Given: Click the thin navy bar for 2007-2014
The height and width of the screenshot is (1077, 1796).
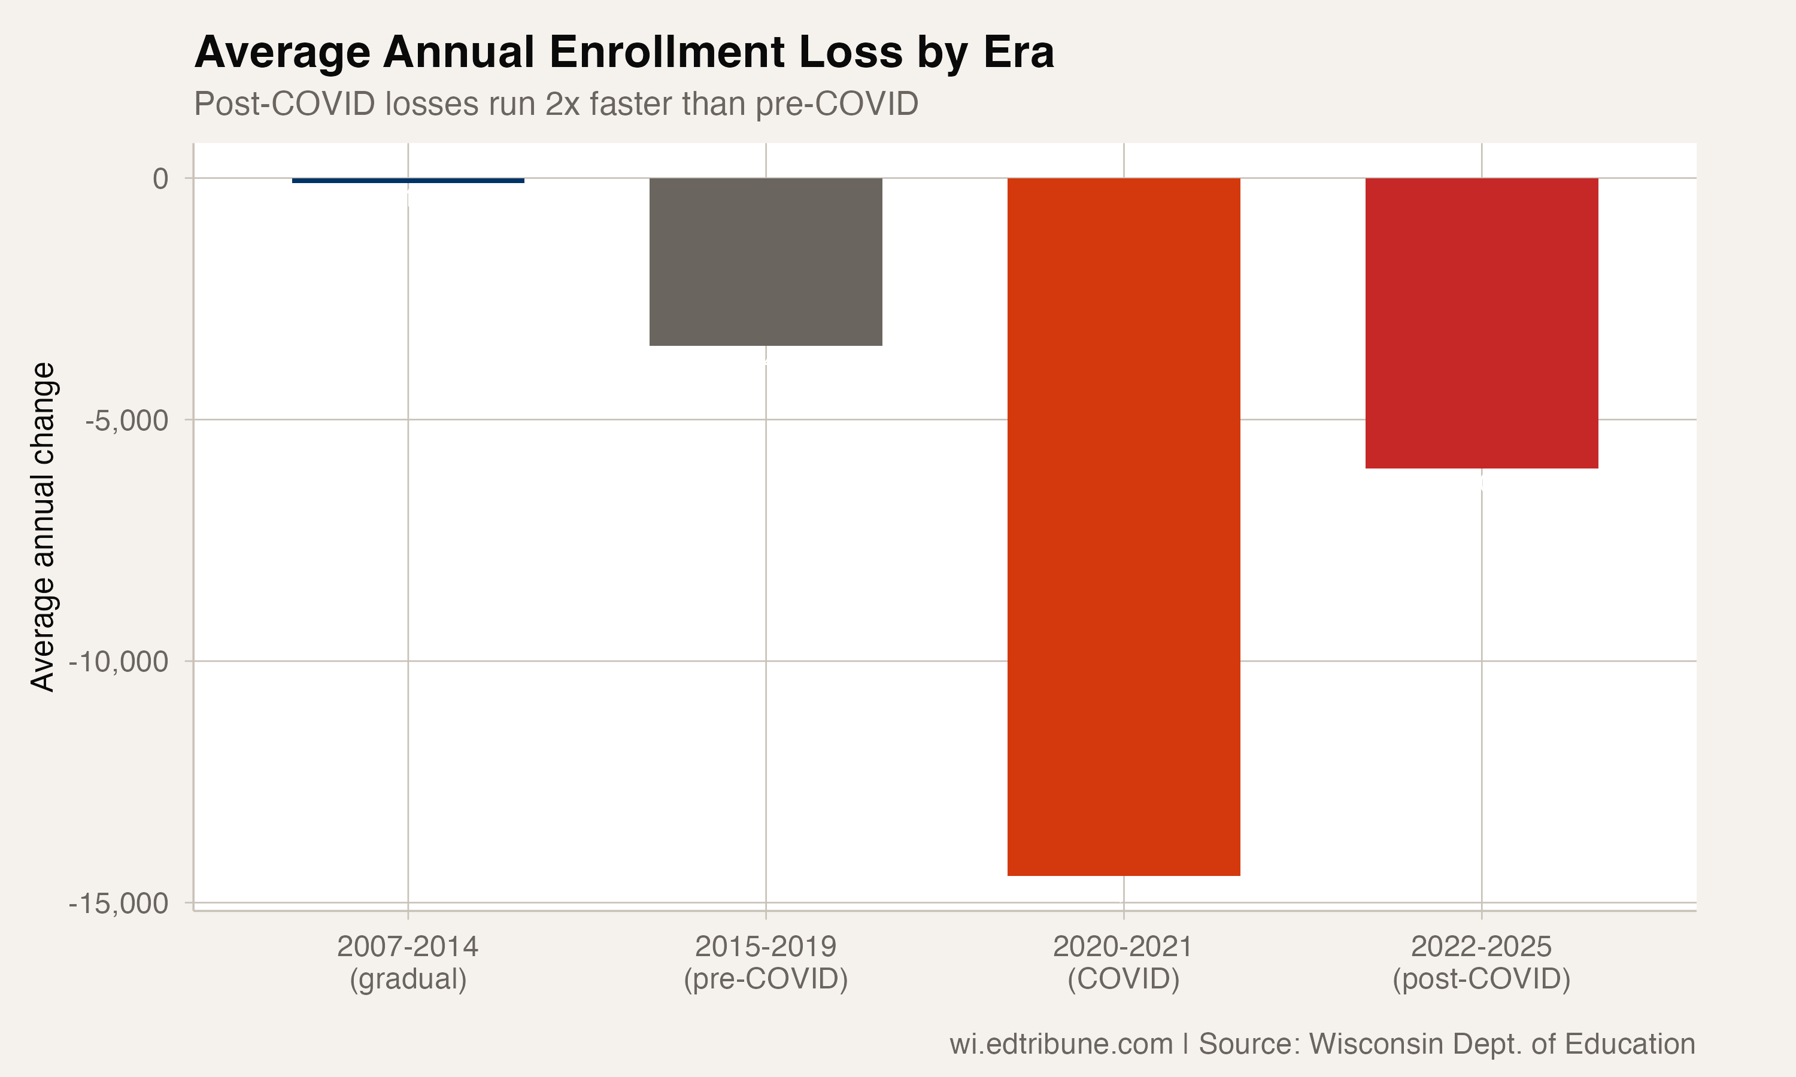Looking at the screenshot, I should click(408, 180).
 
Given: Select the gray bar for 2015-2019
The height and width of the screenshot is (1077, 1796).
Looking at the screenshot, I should click(766, 261).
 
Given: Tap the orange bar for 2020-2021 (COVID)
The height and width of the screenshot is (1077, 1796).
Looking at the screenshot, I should click(1124, 526).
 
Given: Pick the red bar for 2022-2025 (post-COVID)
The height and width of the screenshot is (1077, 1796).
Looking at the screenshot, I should click(1482, 323).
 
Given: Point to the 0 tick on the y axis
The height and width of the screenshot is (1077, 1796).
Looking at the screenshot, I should click(160, 178).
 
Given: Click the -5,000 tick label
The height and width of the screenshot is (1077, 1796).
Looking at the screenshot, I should click(127, 420).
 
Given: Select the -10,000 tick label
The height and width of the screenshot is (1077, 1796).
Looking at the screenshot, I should click(119, 662).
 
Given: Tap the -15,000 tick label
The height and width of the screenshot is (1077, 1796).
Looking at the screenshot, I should click(119, 903).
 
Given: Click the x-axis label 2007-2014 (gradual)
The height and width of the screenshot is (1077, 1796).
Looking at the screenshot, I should click(408, 962).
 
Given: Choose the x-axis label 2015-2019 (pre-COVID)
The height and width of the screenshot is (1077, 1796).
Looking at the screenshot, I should click(766, 962).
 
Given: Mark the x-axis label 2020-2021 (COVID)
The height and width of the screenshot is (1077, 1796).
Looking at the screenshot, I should click(1124, 962).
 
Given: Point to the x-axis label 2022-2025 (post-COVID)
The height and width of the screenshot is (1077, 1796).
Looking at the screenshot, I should click(1482, 962).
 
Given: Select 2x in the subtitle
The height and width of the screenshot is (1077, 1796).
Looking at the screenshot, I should click(563, 104).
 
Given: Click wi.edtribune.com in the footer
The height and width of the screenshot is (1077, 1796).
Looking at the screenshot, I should click(1061, 1043).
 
